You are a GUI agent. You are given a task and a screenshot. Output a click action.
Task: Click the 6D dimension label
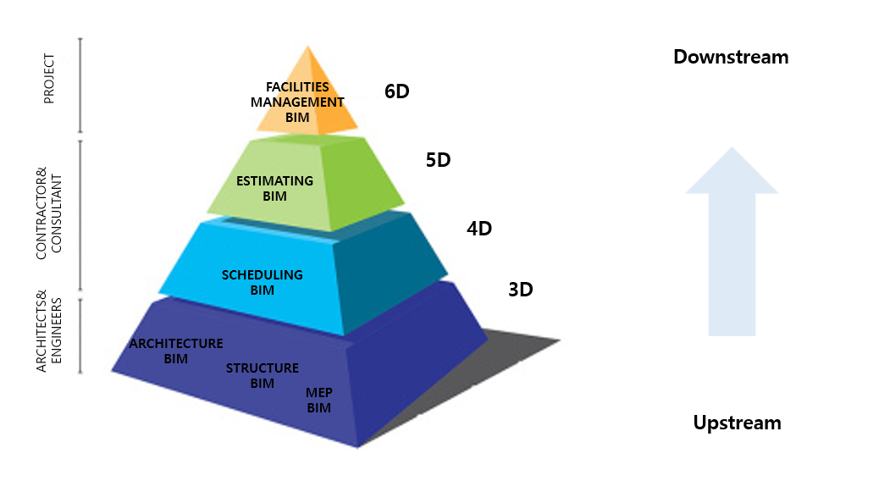(x=396, y=91)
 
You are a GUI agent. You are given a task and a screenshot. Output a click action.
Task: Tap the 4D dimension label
(x=479, y=228)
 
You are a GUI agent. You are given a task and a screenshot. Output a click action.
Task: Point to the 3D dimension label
(x=520, y=290)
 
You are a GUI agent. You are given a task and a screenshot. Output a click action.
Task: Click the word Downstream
(x=731, y=57)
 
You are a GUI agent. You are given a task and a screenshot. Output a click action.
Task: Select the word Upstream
(x=737, y=423)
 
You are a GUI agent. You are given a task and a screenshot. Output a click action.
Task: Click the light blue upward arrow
(x=732, y=240)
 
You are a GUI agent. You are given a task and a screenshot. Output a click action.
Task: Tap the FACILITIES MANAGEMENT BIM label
(x=297, y=102)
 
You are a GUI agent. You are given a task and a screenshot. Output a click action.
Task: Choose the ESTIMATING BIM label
(x=274, y=188)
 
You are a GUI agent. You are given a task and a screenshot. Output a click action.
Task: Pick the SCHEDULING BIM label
(x=263, y=282)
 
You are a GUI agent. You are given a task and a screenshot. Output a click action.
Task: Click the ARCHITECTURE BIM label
(x=176, y=351)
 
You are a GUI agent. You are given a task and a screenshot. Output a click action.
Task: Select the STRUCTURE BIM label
(x=263, y=375)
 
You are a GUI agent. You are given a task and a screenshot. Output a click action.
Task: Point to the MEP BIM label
(x=318, y=400)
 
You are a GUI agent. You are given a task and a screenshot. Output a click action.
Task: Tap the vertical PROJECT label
(x=48, y=79)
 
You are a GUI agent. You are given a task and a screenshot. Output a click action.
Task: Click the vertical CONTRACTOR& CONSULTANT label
(x=50, y=217)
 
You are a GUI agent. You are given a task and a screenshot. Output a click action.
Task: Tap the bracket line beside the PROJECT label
(x=80, y=85)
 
